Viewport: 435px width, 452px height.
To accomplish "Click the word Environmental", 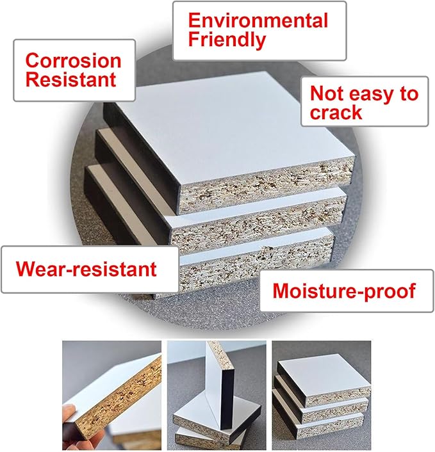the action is coord(258,20).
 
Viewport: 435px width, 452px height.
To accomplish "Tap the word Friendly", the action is coord(227,40).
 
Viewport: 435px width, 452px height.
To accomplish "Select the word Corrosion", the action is coord(73,61).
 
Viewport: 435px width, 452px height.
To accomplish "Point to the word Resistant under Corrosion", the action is coord(70,79).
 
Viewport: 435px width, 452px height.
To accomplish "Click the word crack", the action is coord(336,112).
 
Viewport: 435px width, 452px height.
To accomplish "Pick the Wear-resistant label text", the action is coord(86,269).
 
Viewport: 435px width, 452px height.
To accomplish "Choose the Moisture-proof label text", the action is coord(344,291).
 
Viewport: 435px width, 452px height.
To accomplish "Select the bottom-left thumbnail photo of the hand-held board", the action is coord(111,395).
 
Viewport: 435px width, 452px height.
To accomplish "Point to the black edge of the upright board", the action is coord(227,400).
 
